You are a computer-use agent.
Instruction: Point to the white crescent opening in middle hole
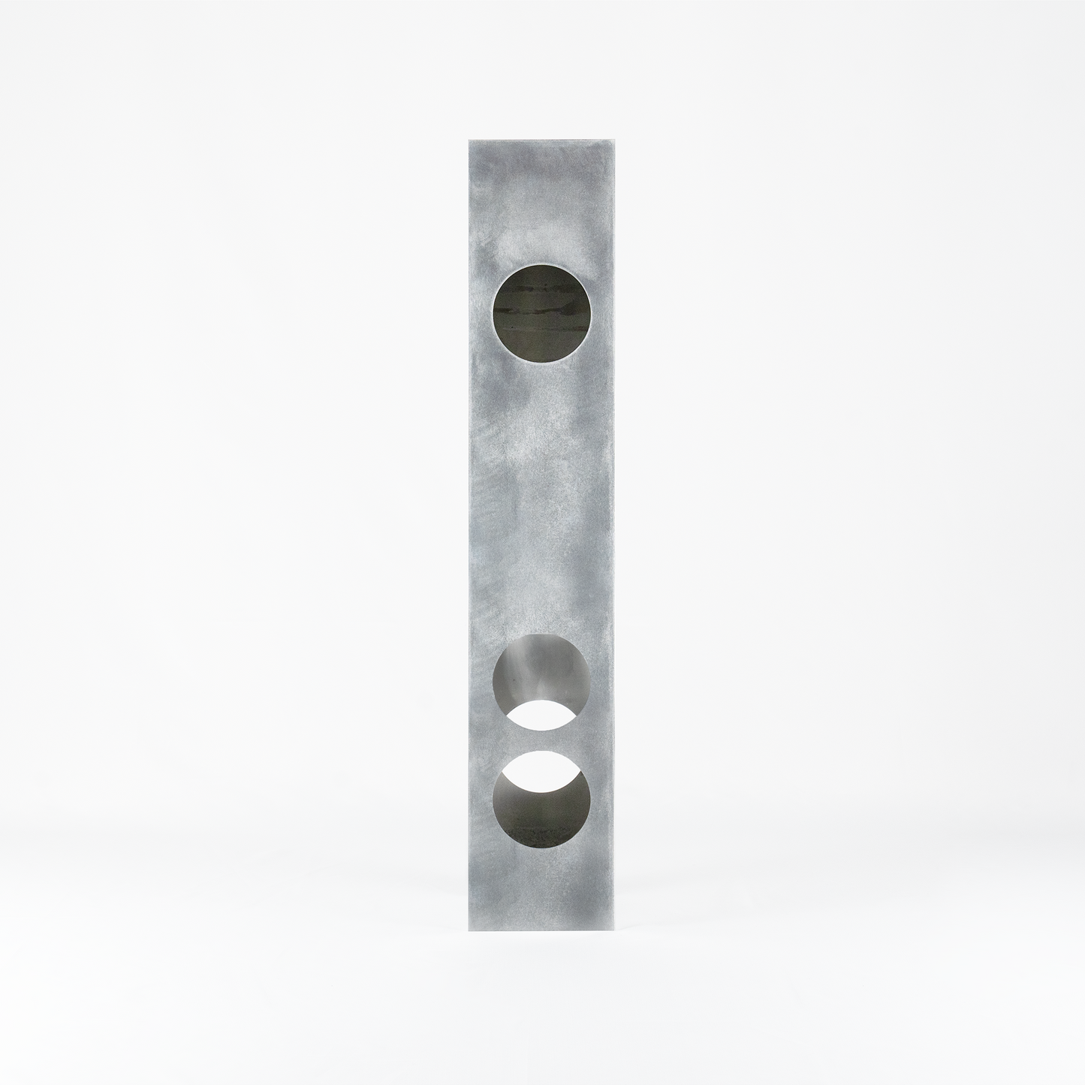click(541, 715)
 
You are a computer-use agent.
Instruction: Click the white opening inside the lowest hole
click(541, 769)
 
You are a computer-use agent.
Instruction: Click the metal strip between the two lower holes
click(541, 740)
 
